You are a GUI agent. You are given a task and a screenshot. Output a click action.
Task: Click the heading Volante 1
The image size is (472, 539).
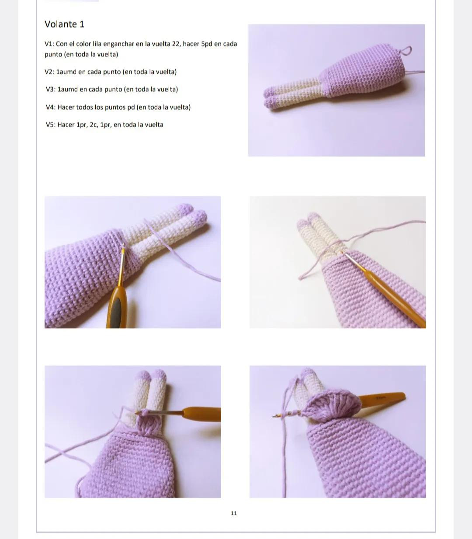pyautogui.click(x=64, y=24)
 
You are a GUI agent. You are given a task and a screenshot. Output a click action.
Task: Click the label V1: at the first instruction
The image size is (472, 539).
pyautogui.click(x=49, y=44)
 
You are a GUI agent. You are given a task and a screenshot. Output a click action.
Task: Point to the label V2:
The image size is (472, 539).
pyautogui.click(x=49, y=72)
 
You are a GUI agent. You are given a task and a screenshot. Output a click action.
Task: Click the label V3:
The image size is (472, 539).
pyautogui.click(x=51, y=89)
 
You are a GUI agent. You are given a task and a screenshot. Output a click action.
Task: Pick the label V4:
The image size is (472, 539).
pyautogui.click(x=51, y=107)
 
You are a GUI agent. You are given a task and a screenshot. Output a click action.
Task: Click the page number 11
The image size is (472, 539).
pyautogui.click(x=234, y=513)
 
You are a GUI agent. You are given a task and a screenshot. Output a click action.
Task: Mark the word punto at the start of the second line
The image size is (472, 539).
pyautogui.click(x=53, y=54)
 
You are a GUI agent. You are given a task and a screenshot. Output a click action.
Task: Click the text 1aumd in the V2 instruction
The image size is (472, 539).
pyautogui.click(x=66, y=72)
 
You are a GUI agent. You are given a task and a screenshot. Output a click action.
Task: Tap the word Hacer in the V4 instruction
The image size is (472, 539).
pyautogui.click(x=66, y=107)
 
